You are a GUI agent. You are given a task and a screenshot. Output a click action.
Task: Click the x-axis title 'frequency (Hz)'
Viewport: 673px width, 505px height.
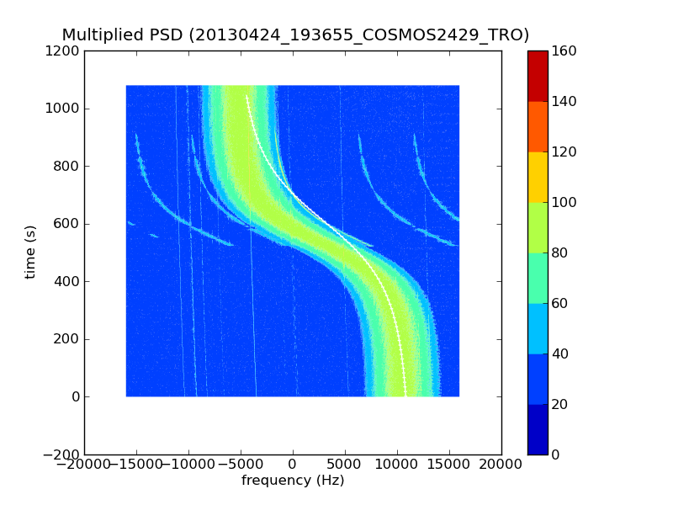tap(293, 481)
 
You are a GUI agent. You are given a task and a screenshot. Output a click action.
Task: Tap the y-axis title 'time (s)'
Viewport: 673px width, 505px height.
tap(31, 252)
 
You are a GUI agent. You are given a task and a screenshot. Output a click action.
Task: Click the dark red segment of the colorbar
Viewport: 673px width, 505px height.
tap(538, 76)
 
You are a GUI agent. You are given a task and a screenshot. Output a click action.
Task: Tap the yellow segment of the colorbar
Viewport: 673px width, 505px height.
tap(538, 177)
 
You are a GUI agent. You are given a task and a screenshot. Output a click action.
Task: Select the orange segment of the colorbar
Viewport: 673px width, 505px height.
tap(538, 126)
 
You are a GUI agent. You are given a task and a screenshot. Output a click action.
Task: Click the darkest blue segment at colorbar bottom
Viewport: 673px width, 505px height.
tap(538, 429)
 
